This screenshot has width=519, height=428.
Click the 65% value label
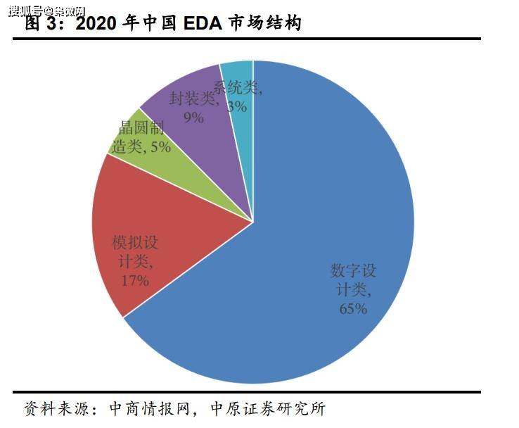352,308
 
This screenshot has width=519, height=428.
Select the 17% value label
134,281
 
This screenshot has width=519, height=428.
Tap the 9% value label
193,118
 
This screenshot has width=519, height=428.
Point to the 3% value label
237,106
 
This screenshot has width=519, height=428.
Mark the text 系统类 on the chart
237,89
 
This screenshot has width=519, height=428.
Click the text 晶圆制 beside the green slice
141,128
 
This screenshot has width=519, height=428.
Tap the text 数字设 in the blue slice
354,270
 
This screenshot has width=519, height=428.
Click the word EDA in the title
205,23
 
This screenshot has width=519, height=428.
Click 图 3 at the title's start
44,23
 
